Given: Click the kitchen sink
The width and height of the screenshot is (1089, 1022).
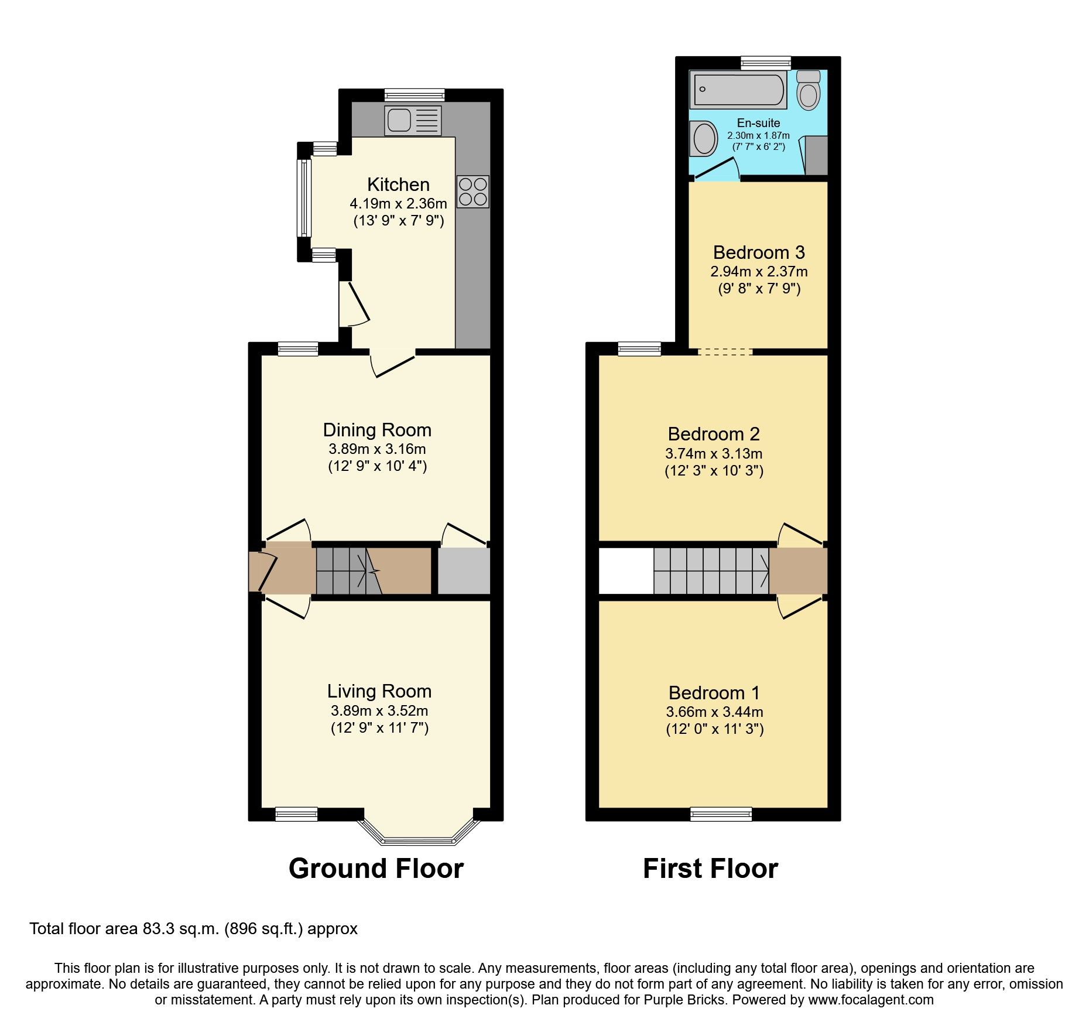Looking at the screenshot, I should pyautogui.click(x=412, y=120).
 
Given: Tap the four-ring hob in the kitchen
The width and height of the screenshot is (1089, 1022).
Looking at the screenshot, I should pyautogui.click(x=472, y=192).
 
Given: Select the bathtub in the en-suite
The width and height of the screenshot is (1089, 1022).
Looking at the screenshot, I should pyautogui.click(x=738, y=90).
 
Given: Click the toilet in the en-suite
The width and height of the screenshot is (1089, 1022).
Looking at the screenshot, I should pyautogui.click(x=809, y=90).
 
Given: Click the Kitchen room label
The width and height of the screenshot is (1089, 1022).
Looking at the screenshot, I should pyautogui.click(x=398, y=184).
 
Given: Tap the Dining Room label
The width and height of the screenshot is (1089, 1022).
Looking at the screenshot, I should pyautogui.click(x=377, y=430).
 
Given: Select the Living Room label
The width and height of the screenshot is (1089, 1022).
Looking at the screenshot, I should pyautogui.click(x=379, y=691).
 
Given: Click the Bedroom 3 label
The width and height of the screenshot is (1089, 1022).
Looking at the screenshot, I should pyautogui.click(x=759, y=252).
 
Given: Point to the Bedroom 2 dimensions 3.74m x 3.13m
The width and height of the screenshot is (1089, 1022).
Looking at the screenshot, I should pyautogui.click(x=714, y=453).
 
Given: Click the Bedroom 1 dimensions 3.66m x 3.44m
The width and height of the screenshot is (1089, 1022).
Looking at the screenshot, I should pyautogui.click(x=714, y=712).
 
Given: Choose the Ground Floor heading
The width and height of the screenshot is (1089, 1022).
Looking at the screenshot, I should pyautogui.click(x=376, y=868).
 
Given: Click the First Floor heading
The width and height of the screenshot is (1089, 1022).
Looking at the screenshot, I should pyautogui.click(x=710, y=868).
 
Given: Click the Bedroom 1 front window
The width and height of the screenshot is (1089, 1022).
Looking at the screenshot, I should pyautogui.click(x=721, y=814).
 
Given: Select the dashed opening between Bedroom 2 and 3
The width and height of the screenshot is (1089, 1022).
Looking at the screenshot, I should pyautogui.click(x=725, y=351).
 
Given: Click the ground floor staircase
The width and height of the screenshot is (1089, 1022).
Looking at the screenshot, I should pyautogui.click(x=348, y=570).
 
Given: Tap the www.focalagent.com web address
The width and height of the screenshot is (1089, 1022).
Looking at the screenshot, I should pyautogui.click(x=871, y=1000).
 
